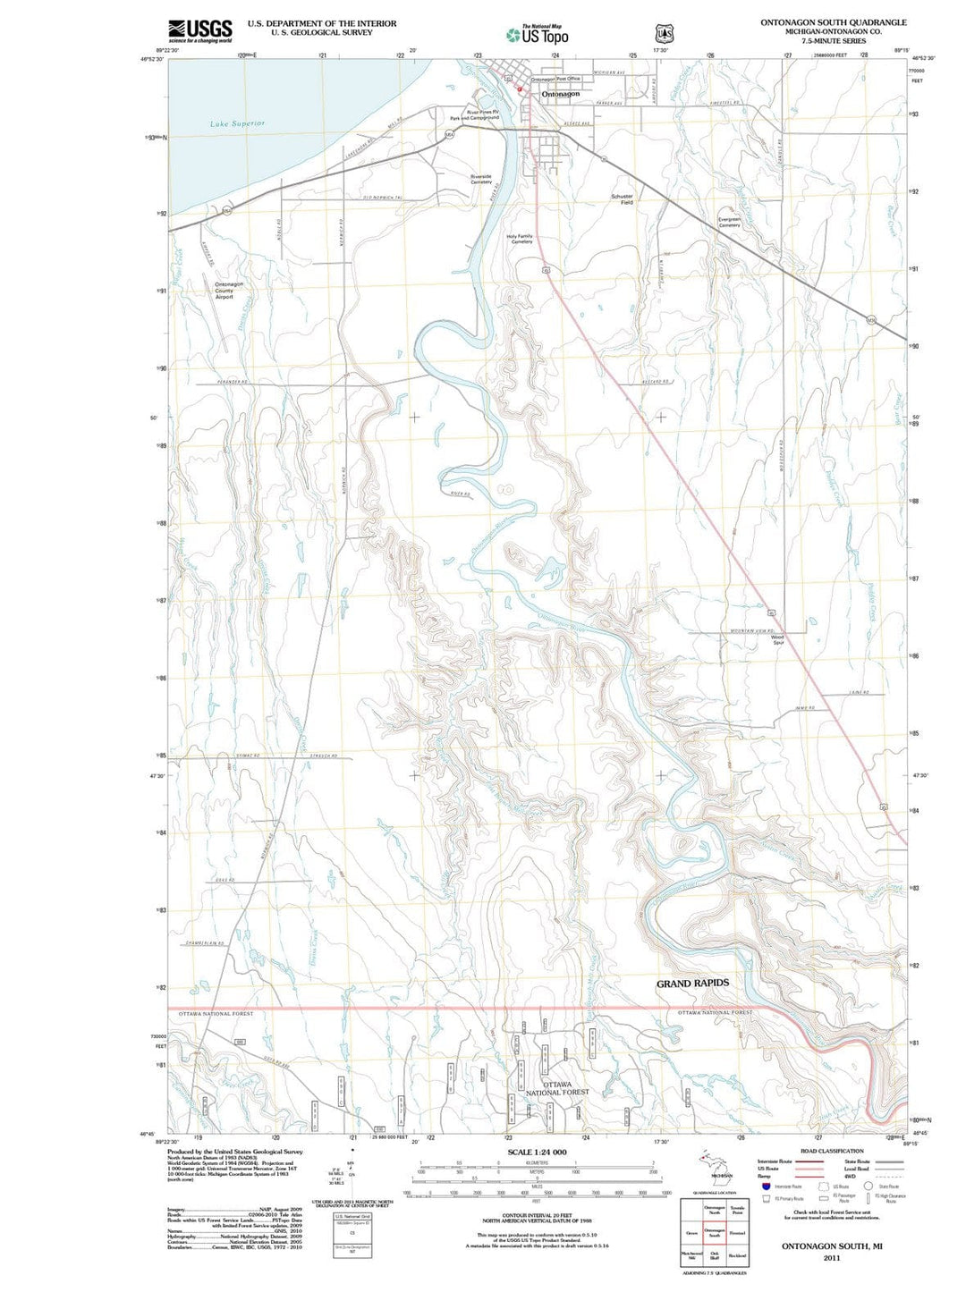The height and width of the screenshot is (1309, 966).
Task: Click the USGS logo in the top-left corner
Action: (x=199, y=30)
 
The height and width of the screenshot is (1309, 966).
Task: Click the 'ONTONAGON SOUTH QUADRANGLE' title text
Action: (x=833, y=22)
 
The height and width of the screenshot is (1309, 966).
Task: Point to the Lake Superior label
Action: (x=237, y=123)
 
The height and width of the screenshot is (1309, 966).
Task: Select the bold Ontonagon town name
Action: (x=560, y=94)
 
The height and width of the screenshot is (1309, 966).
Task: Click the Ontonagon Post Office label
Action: (x=555, y=80)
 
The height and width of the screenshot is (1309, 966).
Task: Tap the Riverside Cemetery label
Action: (x=481, y=179)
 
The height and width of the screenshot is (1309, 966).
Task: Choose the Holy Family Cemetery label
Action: (x=520, y=239)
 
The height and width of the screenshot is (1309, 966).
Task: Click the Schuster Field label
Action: (x=622, y=199)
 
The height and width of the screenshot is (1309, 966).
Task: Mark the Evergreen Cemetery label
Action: (x=729, y=223)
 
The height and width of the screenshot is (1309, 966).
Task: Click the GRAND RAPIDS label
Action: (x=692, y=984)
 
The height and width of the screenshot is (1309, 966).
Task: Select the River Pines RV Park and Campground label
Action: (x=475, y=115)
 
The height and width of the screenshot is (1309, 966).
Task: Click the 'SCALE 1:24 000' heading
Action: (x=537, y=1152)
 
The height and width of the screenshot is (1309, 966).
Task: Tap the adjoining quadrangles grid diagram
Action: (x=714, y=1232)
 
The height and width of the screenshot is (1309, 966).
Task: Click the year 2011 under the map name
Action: (x=832, y=1257)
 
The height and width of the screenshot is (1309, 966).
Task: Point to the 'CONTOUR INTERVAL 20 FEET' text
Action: (x=537, y=1216)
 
